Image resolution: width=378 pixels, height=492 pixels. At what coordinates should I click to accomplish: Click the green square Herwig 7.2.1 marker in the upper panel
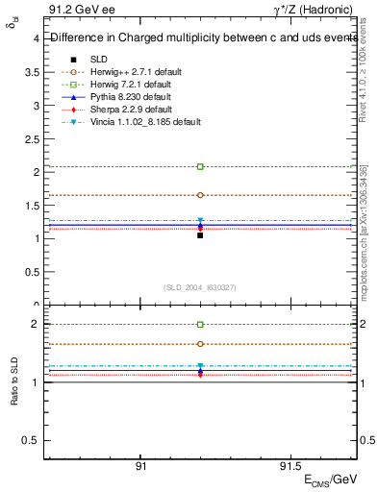pos(200,166)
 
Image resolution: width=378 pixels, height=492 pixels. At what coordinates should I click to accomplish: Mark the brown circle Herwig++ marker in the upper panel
pos(200,195)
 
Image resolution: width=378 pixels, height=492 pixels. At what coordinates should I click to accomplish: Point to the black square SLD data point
pos(200,234)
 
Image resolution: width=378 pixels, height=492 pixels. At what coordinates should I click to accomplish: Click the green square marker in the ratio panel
pos(200,325)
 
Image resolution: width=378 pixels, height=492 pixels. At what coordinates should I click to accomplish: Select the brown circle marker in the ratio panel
pos(200,344)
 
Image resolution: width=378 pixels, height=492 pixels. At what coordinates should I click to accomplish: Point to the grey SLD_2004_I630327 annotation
pos(200,287)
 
